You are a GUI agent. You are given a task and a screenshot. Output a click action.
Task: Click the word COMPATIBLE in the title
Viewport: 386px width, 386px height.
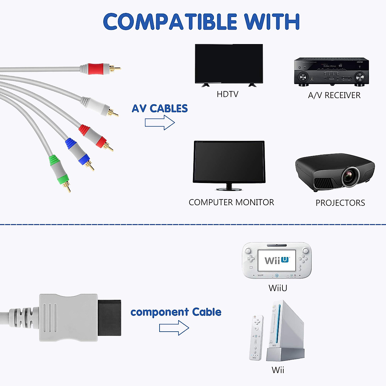coord(170,22)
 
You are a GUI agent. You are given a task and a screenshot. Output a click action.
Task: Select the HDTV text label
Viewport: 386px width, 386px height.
coord(227,94)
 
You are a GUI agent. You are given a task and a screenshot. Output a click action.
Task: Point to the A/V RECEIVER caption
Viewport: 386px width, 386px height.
coord(334,95)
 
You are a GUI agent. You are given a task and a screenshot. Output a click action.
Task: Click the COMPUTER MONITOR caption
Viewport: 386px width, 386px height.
coord(231,202)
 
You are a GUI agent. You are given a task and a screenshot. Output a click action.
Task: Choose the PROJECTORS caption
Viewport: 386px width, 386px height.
coord(340,203)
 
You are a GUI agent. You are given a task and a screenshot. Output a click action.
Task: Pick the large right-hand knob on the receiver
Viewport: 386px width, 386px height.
coord(360,77)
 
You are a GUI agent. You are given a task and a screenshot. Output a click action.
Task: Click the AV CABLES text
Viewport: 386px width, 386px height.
coord(160,108)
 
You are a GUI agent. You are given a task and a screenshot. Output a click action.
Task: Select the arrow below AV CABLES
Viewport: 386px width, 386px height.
coord(160,123)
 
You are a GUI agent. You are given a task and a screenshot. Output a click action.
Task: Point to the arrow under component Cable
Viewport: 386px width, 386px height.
coord(174,328)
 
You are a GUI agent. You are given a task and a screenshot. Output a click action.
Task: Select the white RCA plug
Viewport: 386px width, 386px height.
coord(97,105)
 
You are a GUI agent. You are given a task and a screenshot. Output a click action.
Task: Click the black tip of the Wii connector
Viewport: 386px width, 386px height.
coord(109,317)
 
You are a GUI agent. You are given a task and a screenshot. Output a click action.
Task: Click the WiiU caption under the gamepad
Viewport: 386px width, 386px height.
coord(278,288)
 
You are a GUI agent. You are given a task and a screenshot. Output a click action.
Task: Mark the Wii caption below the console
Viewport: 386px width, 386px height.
coord(278,370)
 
